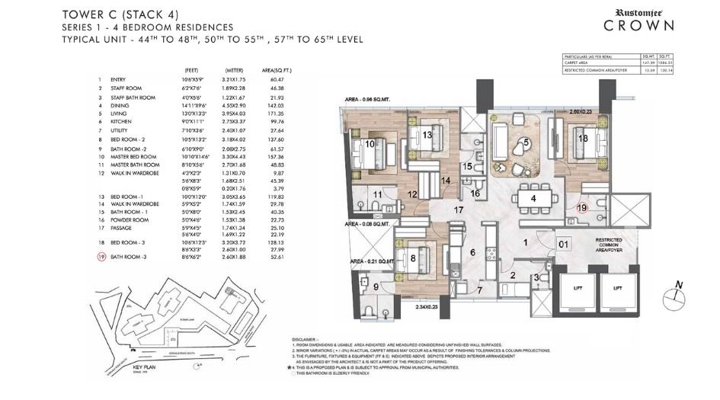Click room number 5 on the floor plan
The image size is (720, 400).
coord(526,142)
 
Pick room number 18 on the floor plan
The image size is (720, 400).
coord(582,138)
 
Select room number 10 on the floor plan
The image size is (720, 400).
coord(369,143)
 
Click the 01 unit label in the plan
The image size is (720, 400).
coord(562,245)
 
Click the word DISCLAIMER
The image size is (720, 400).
coord(309,338)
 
